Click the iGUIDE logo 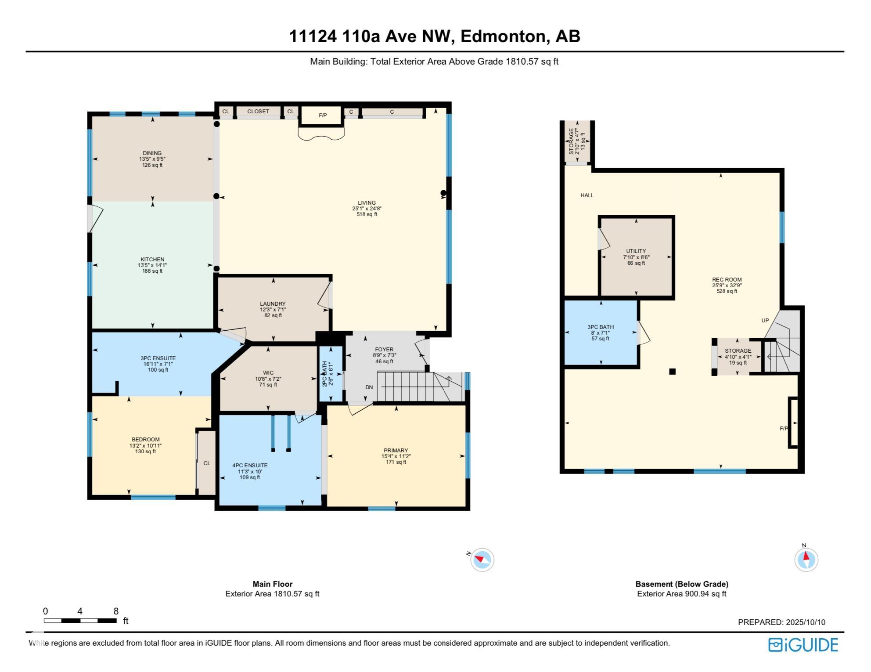pyautogui.click(x=803, y=644)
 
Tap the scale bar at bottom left pyautogui.click(x=80, y=621)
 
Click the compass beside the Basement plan pyautogui.click(x=806, y=559)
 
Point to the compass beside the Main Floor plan pyautogui.click(x=482, y=560)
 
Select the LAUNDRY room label pyautogui.click(x=273, y=303)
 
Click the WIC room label pyautogui.click(x=268, y=373)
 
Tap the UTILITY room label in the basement pyautogui.click(x=636, y=251)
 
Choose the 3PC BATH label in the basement pyautogui.click(x=601, y=327)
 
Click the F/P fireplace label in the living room pyautogui.click(x=323, y=116)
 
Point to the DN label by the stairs pyautogui.click(x=369, y=387)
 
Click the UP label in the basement pyautogui.click(x=765, y=320)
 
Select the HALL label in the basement pyautogui.click(x=587, y=195)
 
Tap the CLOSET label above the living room pyautogui.click(x=258, y=111)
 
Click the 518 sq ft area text pyautogui.click(x=367, y=214)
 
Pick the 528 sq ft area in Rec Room pyautogui.click(x=727, y=291)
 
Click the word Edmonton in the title pyautogui.click(x=504, y=36)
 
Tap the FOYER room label pyautogui.click(x=384, y=350)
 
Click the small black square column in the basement pyautogui.click(x=672, y=372)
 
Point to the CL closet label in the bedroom pyautogui.click(x=207, y=463)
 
